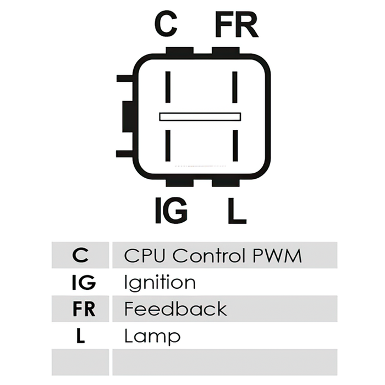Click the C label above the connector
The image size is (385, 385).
[166, 24]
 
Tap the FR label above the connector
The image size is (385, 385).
[237, 25]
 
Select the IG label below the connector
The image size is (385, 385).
[172, 211]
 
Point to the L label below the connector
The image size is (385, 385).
[237, 211]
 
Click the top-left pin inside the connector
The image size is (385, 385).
[168, 87]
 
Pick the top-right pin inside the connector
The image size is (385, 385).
[235, 87]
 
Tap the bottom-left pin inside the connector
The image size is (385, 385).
[168, 146]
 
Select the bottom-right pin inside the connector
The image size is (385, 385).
[235, 146]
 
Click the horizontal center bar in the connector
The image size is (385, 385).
[200, 117]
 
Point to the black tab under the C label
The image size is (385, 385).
[179, 51]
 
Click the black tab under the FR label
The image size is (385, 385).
[226, 51]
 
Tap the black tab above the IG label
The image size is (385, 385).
[179, 183]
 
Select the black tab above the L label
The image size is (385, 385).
[226, 183]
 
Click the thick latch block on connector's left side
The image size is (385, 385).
[128, 117]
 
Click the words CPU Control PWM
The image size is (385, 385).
[213, 256]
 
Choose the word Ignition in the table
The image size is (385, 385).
[160, 283]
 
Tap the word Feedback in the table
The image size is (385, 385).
[175, 309]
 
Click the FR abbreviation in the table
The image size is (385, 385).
[84, 309]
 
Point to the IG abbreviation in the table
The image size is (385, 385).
[84, 282]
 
